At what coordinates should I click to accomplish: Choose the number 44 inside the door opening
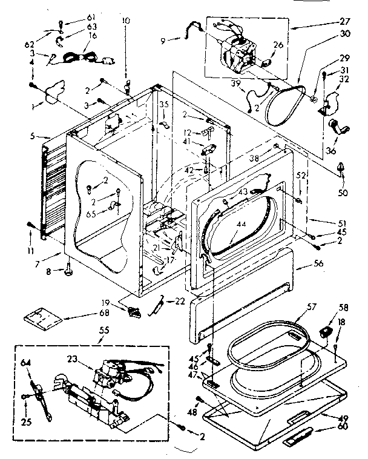tap(242, 225)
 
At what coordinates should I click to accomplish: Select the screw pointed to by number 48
tap(199, 398)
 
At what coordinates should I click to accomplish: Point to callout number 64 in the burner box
tap(26, 363)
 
